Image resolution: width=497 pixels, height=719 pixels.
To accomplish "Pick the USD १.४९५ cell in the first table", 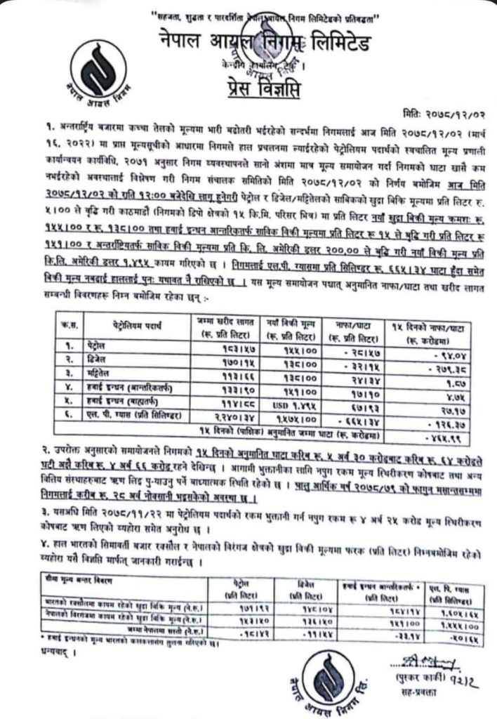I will point(281,404).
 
